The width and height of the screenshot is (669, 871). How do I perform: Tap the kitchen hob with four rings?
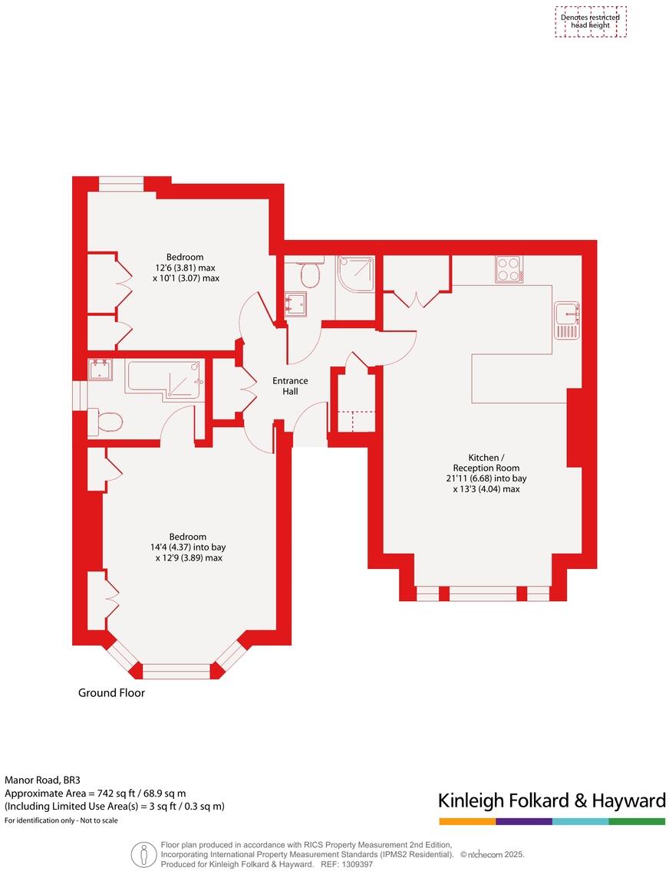point(508,269)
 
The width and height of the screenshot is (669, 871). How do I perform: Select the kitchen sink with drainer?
point(566,320)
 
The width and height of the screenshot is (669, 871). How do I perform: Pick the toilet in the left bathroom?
point(106,421)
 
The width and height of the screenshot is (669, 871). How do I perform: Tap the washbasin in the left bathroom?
point(100,370)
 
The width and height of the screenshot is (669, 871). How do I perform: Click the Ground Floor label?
point(111,692)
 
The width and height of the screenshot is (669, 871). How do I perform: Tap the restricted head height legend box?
point(590,21)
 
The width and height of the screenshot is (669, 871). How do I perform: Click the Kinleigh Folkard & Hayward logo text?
point(551,801)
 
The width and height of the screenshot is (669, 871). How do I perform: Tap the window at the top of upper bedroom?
point(121,183)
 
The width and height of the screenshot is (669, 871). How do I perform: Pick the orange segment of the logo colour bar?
point(466,821)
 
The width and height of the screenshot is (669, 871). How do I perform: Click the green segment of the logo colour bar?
point(637,821)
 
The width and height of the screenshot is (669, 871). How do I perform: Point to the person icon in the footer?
point(143,853)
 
